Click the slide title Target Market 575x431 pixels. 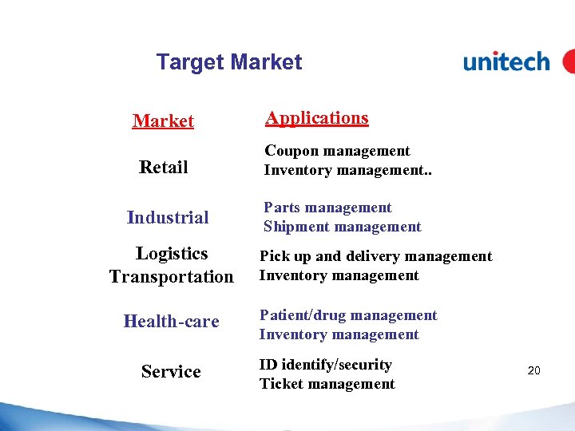click(x=229, y=62)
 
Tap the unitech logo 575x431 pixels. click(x=506, y=61)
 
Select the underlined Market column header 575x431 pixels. click(x=163, y=121)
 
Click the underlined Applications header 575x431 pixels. click(x=317, y=118)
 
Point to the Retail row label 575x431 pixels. click(x=163, y=167)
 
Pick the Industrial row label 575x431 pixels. click(x=168, y=217)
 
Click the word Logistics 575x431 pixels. click(x=172, y=254)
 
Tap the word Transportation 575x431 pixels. click(x=172, y=277)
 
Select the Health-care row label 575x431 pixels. click(x=171, y=322)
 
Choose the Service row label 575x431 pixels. click(x=171, y=372)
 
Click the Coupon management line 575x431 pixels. click(x=337, y=151)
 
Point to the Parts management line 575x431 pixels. click(x=327, y=208)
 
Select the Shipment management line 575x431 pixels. click(x=342, y=227)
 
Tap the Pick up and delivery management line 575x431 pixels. click(x=375, y=256)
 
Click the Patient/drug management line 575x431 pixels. click(x=348, y=315)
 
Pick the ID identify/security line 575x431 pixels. click(x=326, y=365)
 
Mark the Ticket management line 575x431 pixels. click(x=327, y=384)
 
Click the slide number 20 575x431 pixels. click(x=534, y=370)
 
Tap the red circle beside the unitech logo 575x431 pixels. click(x=569, y=61)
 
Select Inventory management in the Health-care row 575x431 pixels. click(x=339, y=334)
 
